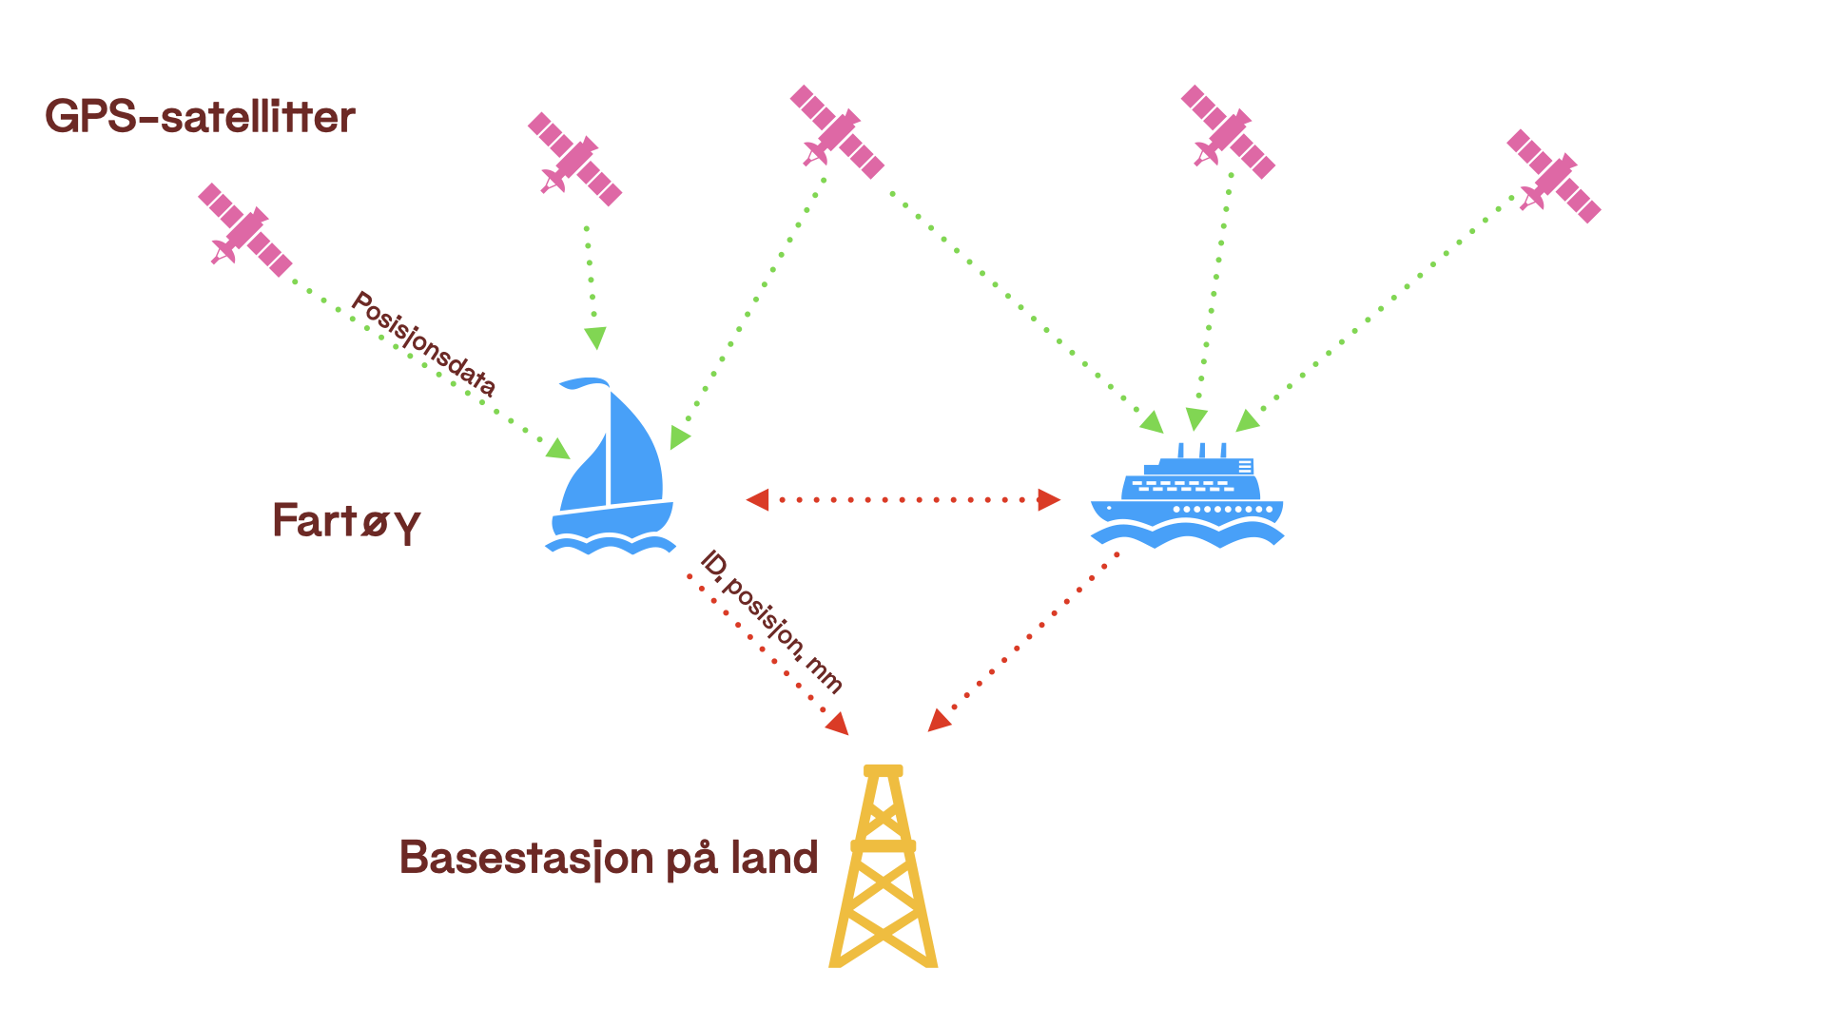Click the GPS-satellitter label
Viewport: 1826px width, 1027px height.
pos(200,117)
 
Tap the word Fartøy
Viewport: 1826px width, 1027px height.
pos(346,521)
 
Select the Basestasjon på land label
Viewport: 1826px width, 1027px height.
pos(609,858)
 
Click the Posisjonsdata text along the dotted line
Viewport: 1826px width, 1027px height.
pos(424,343)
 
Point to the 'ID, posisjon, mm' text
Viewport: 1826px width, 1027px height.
pos(771,622)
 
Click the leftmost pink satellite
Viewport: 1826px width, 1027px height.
pos(244,229)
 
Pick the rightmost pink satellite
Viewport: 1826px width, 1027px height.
pos(1553,177)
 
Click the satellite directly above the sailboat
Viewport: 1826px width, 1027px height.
pos(574,159)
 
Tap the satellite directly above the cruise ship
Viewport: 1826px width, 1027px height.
pos(1228,131)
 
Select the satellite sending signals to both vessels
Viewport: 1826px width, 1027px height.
pos(837,131)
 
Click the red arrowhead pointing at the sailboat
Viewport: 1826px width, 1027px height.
pos(758,500)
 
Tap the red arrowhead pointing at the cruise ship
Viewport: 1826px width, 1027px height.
pos(1049,500)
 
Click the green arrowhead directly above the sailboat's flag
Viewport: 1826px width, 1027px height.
pos(595,338)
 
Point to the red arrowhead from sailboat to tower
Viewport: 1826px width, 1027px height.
pos(838,725)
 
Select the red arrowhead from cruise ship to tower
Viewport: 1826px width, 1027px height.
pos(938,721)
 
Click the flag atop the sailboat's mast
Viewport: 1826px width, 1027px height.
pos(583,382)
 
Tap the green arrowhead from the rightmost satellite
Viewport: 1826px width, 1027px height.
pos(1247,421)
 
